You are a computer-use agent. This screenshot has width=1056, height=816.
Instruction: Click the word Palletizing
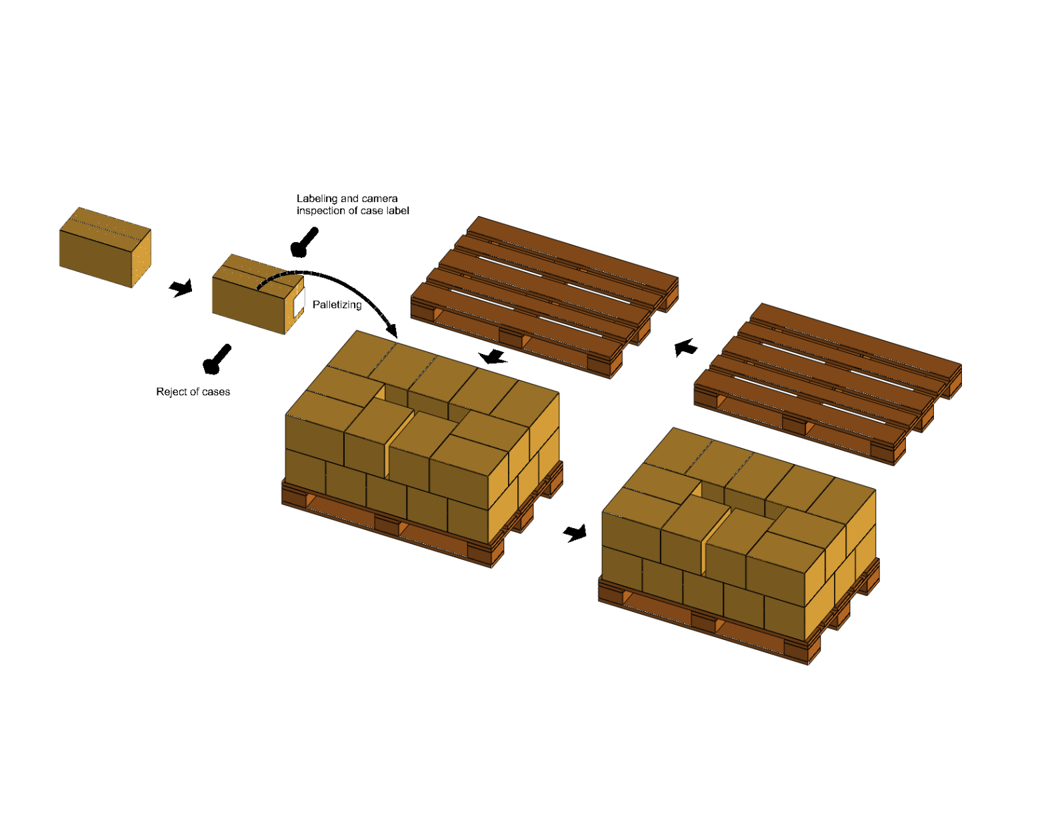coord(337,305)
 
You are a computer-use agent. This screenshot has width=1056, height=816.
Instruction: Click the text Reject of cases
coord(193,392)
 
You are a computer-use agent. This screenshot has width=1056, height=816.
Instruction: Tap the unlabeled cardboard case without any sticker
coord(105,247)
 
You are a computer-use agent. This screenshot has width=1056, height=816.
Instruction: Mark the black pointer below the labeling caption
coord(304,242)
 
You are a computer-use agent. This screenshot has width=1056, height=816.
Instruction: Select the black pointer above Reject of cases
coord(217,359)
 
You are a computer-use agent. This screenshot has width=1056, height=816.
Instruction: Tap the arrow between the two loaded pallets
coord(575,533)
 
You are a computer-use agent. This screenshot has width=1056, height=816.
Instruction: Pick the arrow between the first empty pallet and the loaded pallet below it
coord(493,357)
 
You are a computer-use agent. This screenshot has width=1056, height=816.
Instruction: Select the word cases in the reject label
coord(215,392)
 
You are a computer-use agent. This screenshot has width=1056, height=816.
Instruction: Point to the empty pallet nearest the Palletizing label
coord(545,297)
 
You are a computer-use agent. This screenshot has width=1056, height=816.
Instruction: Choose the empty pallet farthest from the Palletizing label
coord(827,384)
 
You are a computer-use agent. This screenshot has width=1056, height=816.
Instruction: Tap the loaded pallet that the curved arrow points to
coord(422,449)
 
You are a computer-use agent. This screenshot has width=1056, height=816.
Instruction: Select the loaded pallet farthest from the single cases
coord(739,546)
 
